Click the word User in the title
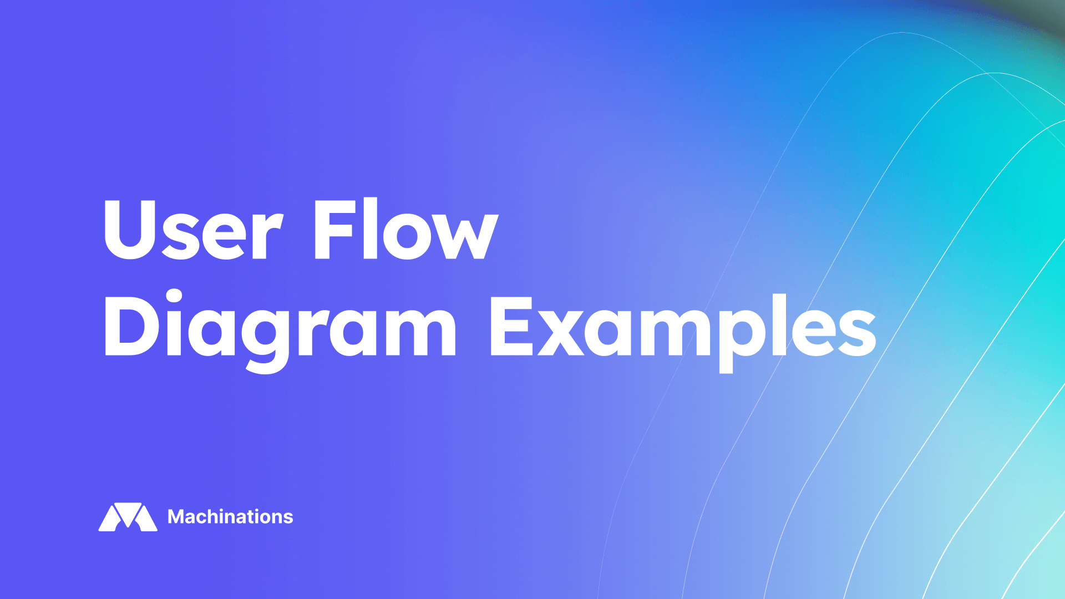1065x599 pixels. tap(193, 230)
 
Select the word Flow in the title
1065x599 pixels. tap(405, 230)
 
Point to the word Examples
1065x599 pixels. tap(682, 327)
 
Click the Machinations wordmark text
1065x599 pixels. tap(230, 517)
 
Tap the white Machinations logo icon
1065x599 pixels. tap(128, 517)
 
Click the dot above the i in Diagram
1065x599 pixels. tap(174, 295)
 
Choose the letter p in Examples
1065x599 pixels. tap(742, 336)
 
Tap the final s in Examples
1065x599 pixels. tap(857, 332)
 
